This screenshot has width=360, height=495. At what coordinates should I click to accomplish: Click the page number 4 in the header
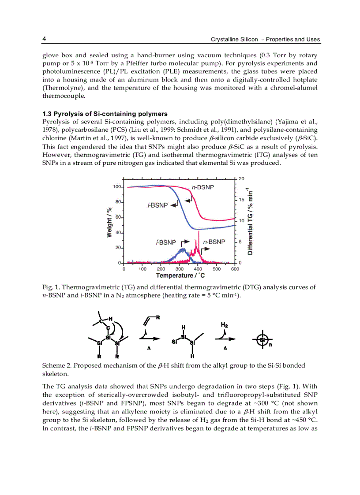coord(44,39)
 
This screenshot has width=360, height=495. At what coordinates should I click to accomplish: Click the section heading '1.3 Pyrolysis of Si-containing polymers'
coord(105,114)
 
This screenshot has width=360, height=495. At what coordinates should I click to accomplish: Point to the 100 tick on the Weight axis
coord(117,187)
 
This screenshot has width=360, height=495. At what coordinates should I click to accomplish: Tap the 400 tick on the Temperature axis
coord(198,269)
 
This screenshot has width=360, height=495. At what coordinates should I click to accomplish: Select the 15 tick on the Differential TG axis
coord(241,200)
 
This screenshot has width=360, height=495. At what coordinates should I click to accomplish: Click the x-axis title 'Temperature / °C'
coord(180,276)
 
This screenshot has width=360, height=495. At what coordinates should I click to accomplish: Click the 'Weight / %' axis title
coord(109,223)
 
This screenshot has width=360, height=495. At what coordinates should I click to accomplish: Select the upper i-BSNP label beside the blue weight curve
coord(157,205)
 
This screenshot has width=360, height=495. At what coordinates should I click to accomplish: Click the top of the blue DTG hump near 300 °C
coord(182,249)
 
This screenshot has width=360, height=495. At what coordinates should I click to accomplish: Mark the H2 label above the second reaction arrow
coord(224,324)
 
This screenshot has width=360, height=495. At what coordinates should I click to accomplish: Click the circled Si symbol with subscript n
coord(263,339)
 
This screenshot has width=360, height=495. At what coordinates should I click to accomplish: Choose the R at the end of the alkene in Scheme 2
coord(158,317)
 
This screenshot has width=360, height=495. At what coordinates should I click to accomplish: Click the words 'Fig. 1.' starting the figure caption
coord(50,287)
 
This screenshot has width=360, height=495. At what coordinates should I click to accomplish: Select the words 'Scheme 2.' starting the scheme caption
coord(57,365)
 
